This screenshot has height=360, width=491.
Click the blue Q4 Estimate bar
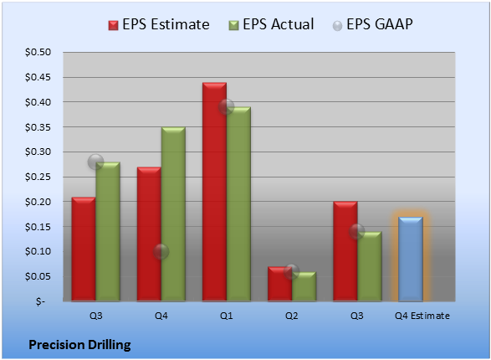point(411,259)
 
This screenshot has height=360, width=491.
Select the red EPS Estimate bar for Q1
point(214,192)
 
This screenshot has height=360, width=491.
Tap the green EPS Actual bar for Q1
point(238,204)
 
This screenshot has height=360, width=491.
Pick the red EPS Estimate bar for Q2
point(279,284)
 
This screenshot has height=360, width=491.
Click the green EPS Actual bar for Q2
point(304,286)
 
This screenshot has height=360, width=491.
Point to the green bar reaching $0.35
point(173,214)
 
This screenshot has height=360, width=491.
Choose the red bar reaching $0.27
point(149,234)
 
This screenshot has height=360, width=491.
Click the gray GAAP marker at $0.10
point(161,251)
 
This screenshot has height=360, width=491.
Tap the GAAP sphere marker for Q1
point(227,106)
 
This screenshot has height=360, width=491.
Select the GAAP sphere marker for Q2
point(292,271)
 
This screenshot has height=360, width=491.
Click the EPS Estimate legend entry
point(159,24)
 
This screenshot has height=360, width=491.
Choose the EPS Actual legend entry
point(271,24)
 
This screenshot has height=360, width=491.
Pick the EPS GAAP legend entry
point(372,24)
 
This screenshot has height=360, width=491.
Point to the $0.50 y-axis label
point(38,52)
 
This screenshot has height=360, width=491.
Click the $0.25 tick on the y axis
point(38,177)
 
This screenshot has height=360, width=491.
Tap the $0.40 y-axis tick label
point(38,102)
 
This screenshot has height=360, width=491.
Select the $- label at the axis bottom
point(40,301)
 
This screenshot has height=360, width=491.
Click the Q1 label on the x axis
point(227,316)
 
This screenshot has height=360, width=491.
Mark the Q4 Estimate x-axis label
point(422,316)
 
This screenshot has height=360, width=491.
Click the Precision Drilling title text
point(79,345)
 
